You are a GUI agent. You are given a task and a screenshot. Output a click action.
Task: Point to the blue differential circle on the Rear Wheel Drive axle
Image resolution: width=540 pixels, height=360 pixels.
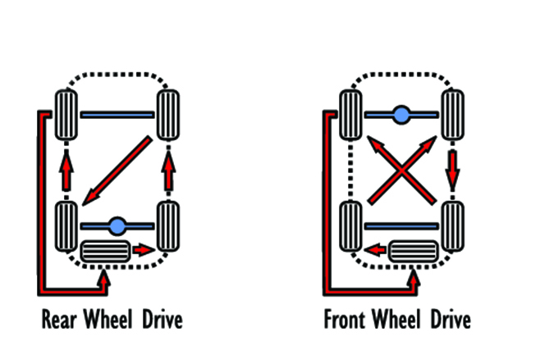pyautogui.click(x=117, y=224)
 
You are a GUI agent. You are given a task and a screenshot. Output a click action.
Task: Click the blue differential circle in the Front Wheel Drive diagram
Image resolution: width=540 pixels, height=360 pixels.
pyautogui.click(x=400, y=115)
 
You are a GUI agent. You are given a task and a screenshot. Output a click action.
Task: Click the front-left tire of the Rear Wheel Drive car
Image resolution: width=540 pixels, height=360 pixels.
pyautogui.click(x=65, y=116)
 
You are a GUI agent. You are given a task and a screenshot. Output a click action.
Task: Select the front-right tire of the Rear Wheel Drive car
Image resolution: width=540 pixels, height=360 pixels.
pyautogui.click(x=167, y=116)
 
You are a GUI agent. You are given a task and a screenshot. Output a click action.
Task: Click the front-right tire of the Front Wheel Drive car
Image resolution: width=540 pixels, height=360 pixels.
pyautogui.click(x=452, y=116)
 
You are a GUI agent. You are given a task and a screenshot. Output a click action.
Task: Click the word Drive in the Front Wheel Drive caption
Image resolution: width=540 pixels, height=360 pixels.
pyautogui.click(x=450, y=317)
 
